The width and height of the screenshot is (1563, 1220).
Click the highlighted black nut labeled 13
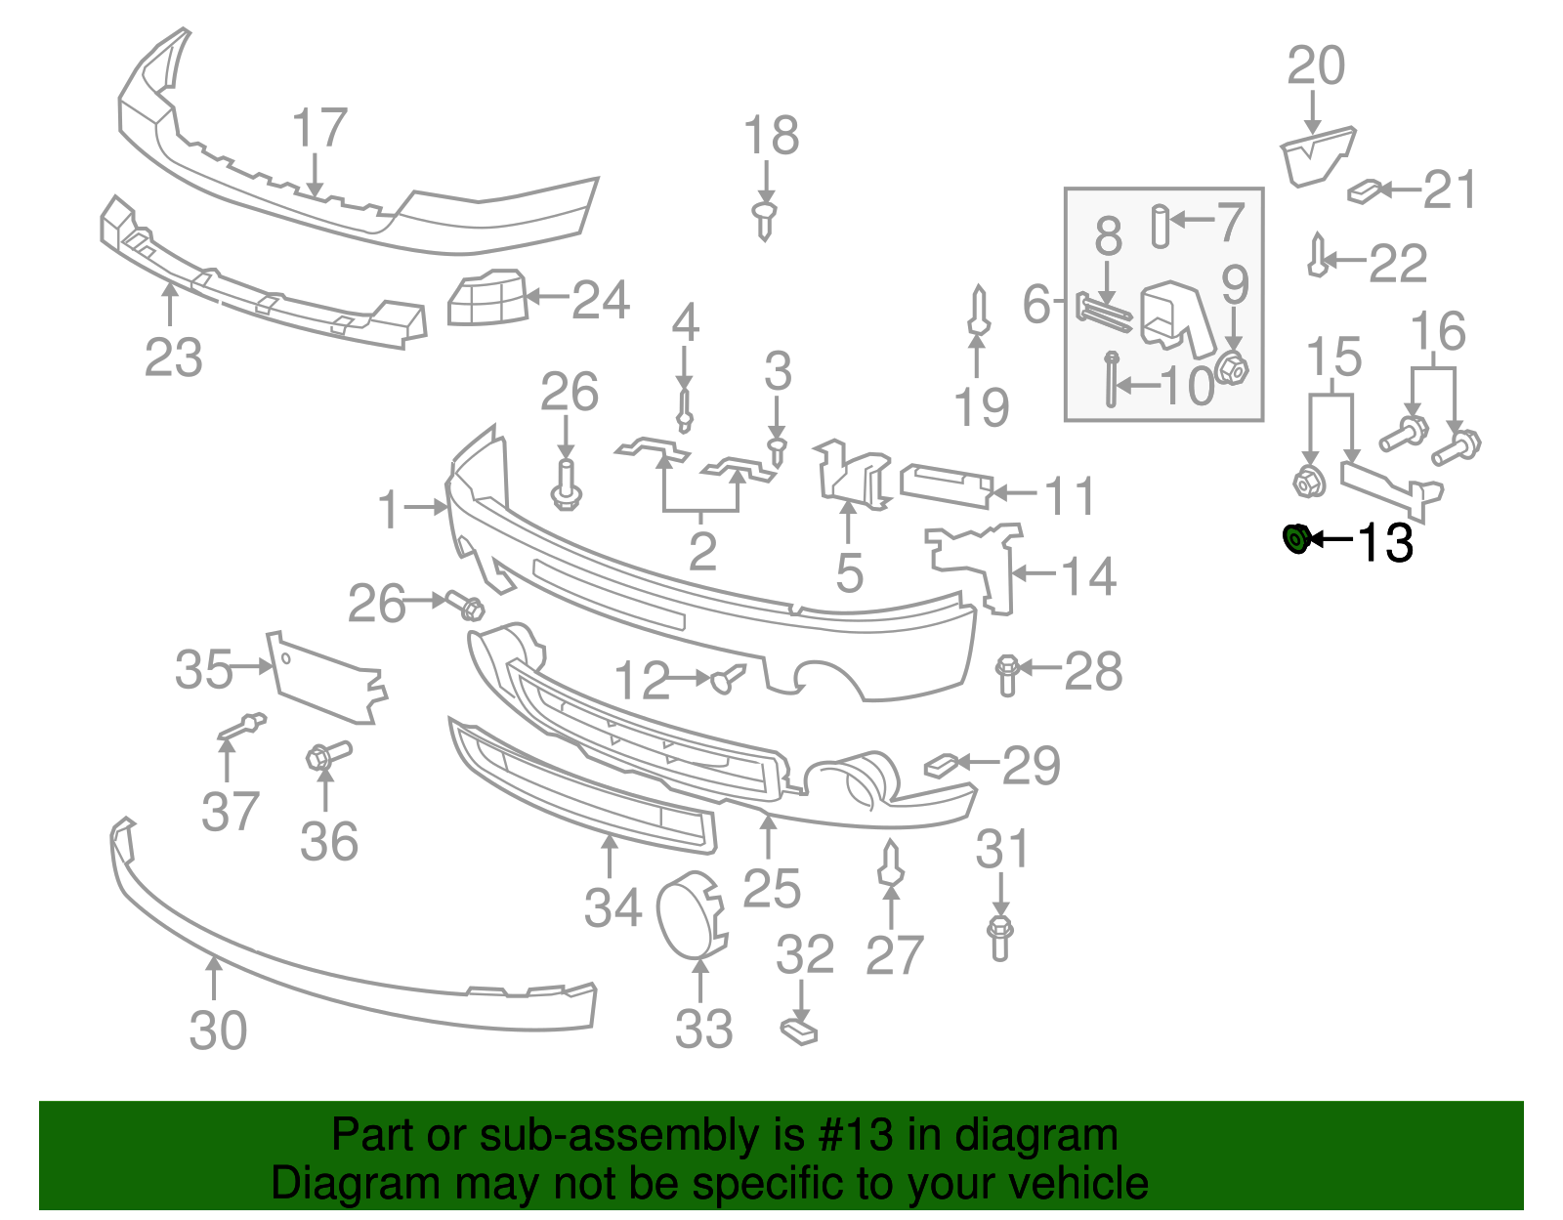(1296, 538)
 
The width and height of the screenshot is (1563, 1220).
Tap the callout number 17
(319, 128)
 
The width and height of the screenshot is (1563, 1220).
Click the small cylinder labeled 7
(1160, 227)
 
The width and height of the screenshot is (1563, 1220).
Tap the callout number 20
(1315, 66)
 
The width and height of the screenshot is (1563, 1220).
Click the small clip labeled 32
(799, 1031)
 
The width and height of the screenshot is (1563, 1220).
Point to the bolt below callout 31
(999, 937)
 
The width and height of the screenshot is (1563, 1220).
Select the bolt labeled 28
(1007, 674)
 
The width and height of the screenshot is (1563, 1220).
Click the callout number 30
(218, 1031)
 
